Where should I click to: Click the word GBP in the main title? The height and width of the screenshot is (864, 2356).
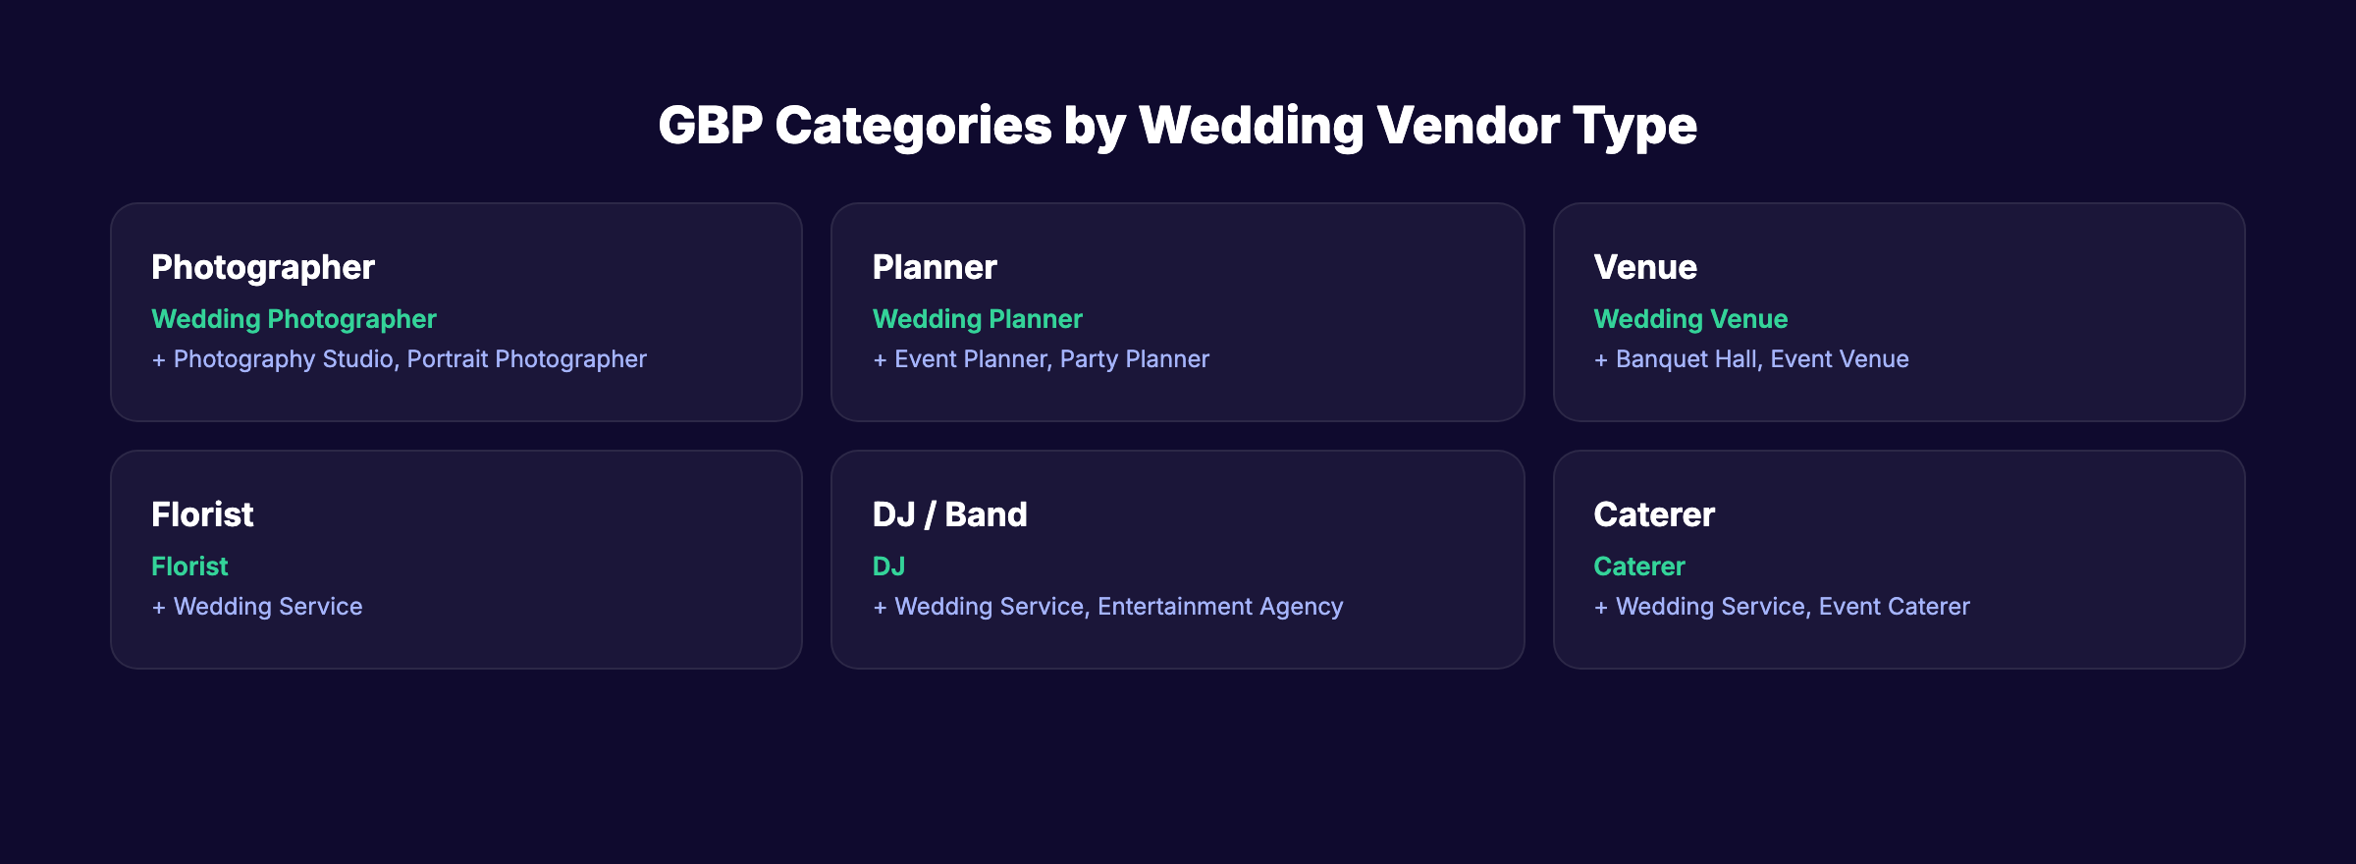710,126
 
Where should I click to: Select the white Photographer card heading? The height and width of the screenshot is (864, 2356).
262,267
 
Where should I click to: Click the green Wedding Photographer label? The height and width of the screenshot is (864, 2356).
294,319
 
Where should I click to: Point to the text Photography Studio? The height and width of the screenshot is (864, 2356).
284,359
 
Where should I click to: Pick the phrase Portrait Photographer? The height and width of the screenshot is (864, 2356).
526,359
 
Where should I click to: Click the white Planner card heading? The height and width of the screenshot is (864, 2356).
935,267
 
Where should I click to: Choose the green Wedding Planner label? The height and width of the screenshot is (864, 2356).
977,319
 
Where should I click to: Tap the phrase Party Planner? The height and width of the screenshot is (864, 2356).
1134,359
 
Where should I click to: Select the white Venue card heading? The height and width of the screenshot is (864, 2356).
1645,267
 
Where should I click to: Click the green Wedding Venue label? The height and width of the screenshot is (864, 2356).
1690,319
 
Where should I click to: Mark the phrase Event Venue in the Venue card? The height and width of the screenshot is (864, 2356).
1840,359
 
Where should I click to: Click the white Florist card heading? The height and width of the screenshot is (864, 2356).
202,514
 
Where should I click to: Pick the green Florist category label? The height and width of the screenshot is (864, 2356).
189,567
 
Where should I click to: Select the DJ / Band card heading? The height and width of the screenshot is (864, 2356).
949,514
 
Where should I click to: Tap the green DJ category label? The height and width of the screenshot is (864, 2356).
888,567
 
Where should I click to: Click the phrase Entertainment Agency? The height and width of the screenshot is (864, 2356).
1220,607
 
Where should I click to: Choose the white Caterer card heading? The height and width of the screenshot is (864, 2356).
1654,514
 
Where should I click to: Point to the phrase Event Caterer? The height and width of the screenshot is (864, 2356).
1894,607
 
